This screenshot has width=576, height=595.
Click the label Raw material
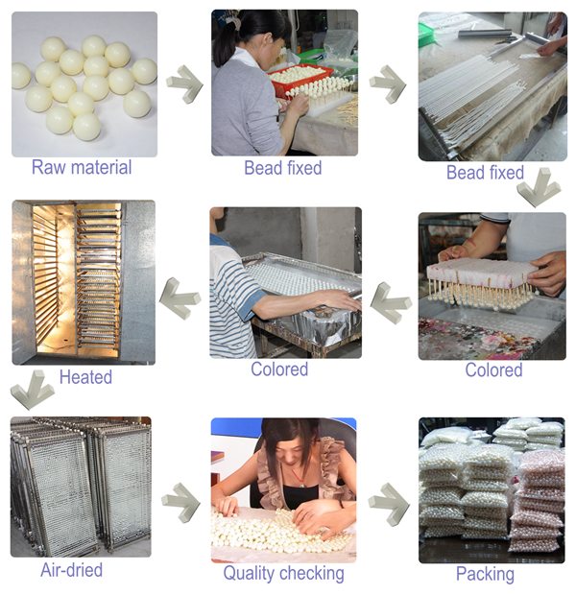(82, 167)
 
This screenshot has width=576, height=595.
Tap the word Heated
(85, 377)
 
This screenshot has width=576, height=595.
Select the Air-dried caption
(71, 570)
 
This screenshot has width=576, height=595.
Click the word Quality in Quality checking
(251, 573)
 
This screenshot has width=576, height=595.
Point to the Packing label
(485, 574)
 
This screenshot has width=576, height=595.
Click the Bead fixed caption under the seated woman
(283, 168)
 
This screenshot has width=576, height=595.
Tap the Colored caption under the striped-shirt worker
(279, 369)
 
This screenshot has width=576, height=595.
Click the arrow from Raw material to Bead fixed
(184, 84)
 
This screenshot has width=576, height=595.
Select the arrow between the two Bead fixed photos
(388, 84)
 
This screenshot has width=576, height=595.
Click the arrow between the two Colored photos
(391, 303)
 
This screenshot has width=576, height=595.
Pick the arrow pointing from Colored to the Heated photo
(180, 298)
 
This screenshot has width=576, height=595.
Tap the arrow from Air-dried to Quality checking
(180, 503)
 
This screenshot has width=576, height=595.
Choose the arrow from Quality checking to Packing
(389, 504)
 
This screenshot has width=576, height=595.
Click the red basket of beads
(300, 79)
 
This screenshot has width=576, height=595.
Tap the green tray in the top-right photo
(425, 35)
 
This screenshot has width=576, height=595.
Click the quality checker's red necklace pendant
(301, 483)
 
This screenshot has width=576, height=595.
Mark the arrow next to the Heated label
(33, 390)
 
